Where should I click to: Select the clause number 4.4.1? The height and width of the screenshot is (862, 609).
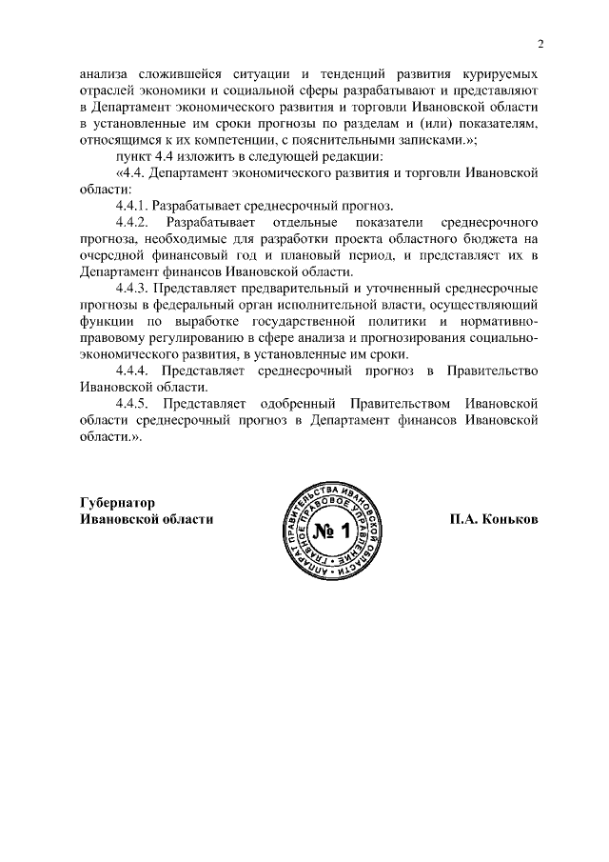(131, 206)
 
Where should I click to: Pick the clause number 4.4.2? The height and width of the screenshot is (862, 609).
(131, 222)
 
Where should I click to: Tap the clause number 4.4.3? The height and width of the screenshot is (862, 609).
(131, 289)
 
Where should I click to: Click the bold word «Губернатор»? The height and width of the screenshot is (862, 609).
(118, 502)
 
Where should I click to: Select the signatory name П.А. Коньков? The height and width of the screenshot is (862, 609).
(495, 519)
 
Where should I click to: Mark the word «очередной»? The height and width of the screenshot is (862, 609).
(116, 255)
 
